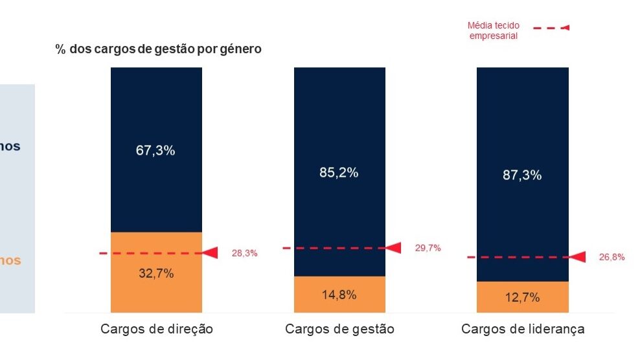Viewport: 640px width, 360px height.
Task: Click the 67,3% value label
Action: [156, 151]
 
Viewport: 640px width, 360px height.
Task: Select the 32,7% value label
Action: [156, 273]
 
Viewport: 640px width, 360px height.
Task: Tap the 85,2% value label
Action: [339, 173]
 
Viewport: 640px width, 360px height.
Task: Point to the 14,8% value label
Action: [339, 295]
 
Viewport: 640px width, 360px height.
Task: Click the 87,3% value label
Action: [522, 175]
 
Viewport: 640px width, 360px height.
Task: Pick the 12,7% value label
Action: [522, 298]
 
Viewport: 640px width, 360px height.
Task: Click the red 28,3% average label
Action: [245, 253]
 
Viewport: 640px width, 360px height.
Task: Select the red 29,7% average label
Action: [428, 248]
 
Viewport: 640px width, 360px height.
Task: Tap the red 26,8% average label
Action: [611, 257]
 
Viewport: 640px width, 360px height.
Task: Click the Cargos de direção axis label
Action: [157, 329]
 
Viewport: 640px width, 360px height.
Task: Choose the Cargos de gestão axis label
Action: [339, 329]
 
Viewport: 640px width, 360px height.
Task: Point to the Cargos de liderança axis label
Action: [523, 329]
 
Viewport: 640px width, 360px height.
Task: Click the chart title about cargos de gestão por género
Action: [159, 49]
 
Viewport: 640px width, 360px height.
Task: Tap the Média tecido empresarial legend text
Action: [493, 31]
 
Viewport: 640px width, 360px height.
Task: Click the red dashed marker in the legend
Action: [551, 28]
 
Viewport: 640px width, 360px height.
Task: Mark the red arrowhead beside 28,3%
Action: [210, 253]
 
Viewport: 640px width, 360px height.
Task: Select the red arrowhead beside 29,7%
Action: [394, 247]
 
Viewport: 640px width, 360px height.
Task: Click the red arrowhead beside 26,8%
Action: [577, 257]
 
